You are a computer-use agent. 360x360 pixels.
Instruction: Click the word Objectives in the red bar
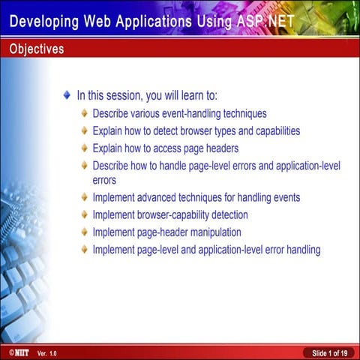pyautogui.click(x=37, y=49)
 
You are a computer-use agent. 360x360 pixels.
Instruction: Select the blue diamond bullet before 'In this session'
pyautogui.click(x=67, y=96)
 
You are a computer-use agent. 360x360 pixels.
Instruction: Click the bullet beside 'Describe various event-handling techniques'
pyautogui.click(x=85, y=114)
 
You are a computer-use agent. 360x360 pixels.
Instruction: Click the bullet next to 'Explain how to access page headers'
pyautogui.click(x=85, y=147)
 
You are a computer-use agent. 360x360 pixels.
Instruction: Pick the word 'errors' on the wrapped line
pyautogui.click(x=104, y=180)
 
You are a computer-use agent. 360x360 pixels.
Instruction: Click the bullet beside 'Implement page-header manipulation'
pyautogui.click(x=85, y=232)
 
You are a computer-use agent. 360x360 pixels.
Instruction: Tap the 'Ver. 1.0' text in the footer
pyautogui.click(x=46, y=352)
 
